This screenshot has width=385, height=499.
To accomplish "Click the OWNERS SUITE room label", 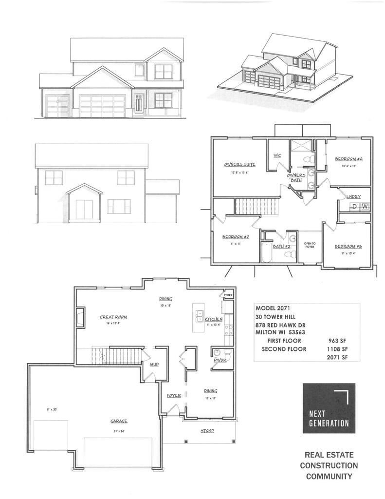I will point(240,165).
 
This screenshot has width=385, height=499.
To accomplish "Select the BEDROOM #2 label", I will point(236,237).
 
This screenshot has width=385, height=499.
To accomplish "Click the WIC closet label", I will point(277,155).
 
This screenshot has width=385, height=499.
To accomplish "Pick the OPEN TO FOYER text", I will point(310,245).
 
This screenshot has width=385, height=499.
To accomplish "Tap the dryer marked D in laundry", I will point(355,207).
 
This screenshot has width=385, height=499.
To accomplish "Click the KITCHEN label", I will point(214,319).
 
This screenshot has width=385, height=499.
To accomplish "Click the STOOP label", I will point(208,431).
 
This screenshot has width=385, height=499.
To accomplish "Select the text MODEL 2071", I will point(274,308).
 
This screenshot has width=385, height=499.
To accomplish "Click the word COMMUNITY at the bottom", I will point(329,476).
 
